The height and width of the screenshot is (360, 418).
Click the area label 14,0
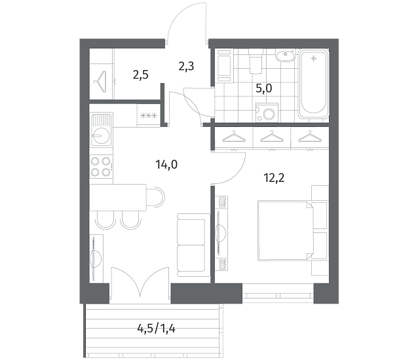pyautogui.click(x=166, y=165)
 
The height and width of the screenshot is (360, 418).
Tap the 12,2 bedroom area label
pyautogui.click(x=274, y=178)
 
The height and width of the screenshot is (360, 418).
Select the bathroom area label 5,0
pyautogui.click(x=264, y=88)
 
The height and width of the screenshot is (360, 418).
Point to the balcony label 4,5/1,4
pyautogui.click(x=156, y=329)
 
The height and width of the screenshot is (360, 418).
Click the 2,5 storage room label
pyautogui.click(x=140, y=75)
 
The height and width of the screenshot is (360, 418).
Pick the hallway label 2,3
pyautogui.click(x=186, y=66)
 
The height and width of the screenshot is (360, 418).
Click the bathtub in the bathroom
pyautogui.click(x=314, y=83)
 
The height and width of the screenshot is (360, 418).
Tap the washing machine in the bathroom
pyautogui.click(x=267, y=113)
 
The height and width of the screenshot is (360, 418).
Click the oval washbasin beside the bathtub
pyautogui.click(x=285, y=56)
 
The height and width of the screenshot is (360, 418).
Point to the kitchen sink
pyautogui.click(x=101, y=130)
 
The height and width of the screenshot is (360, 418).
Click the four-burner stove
pyautogui.click(x=101, y=167)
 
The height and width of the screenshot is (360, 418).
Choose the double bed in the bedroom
pyautogui.click(x=285, y=230)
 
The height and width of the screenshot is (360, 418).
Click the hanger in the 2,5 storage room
pyautogui.click(x=100, y=82)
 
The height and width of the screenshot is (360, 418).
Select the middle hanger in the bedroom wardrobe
pyautogui.click(x=271, y=136)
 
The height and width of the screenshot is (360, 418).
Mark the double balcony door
pyautogui.click(x=140, y=283)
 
